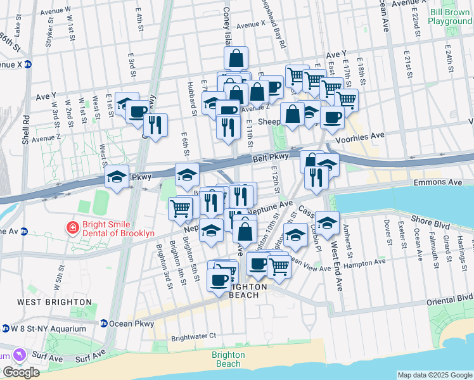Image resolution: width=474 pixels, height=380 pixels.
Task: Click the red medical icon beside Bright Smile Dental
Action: pyautogui.click(x=74, y=227)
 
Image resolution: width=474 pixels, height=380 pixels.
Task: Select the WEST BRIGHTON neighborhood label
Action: pyautogui.click(x=48, y=302)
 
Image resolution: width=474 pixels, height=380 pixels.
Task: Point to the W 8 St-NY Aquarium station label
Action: pyautogui.click(x=49, y=329)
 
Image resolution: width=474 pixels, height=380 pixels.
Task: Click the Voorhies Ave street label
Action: pyautogui.click(x=360, y=136)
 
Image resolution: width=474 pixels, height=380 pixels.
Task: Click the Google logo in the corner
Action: pyautogui.click(x=21, y=372)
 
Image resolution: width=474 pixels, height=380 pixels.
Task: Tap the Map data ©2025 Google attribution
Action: pyautogui.click(x=435, y=375)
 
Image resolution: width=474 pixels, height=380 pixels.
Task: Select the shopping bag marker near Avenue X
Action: pyautogui.click(x=236, y=59)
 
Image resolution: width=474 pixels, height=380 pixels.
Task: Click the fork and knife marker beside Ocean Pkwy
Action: pyautogui.click(x=156, y=125)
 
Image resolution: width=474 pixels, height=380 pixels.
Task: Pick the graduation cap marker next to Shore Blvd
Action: pyautogui.click(x=327, y=223)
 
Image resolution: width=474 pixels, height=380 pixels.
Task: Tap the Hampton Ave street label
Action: pyautogui.click(x=366, y=262)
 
